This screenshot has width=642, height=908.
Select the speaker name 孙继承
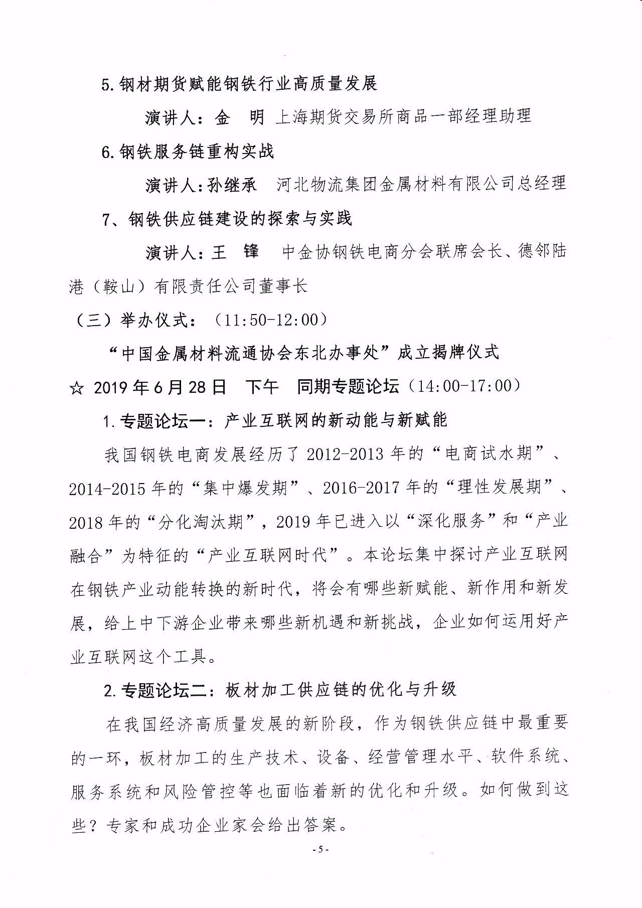point(232,184)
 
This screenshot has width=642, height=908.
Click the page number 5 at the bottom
point(320,849)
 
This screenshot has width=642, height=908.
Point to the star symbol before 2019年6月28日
point(77,387)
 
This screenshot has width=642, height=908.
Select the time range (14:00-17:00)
point(464,386)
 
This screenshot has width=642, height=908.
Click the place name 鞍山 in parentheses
point(116,286)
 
